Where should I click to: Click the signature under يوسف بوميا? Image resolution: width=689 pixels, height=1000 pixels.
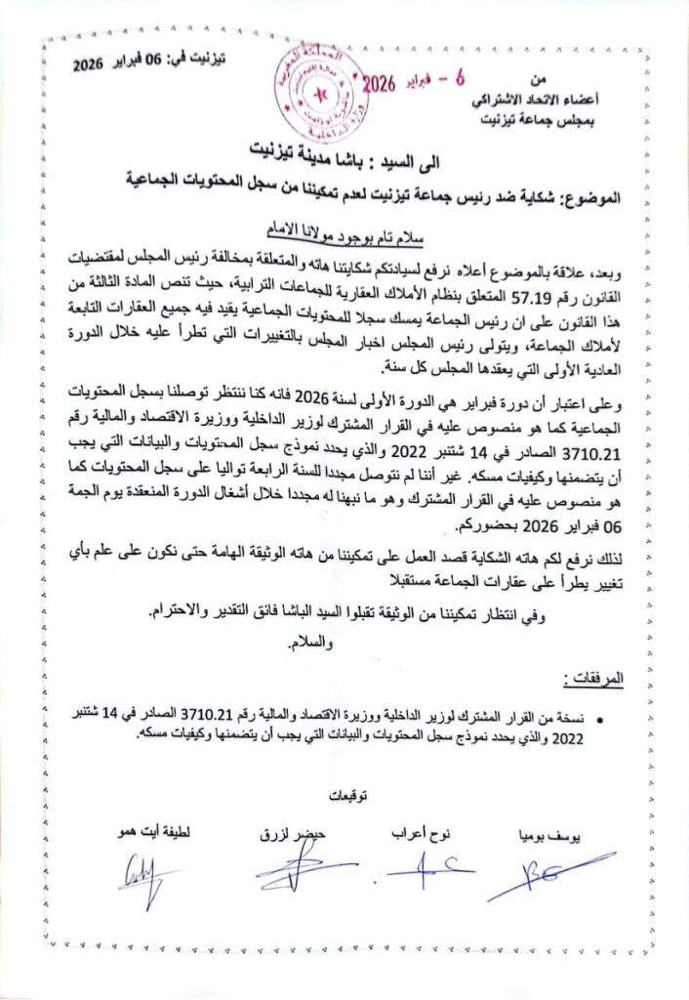547,873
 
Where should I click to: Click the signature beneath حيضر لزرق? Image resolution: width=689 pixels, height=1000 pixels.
292,868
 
